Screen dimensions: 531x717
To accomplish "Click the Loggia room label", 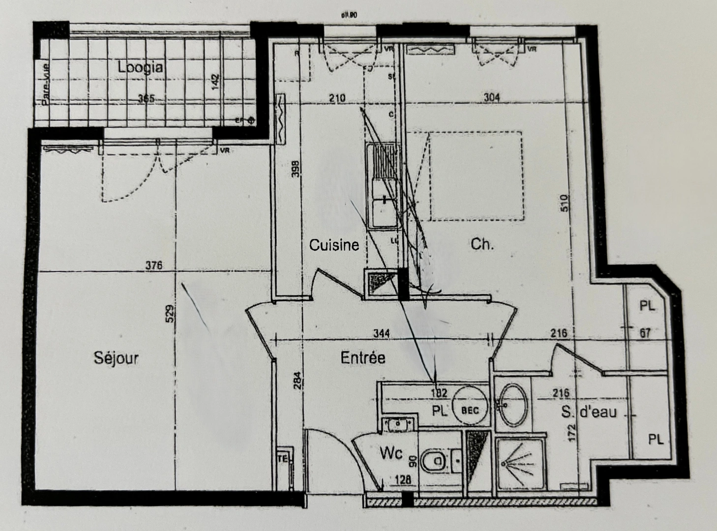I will pyautogui.click(x=140, y=67).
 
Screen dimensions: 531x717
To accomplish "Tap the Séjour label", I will pyautogui.click(x=116, y=357).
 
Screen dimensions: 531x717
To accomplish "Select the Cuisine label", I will pyautogui.click(x=334, y=245).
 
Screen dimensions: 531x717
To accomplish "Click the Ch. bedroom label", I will pyautogui.click(x=482, y=244).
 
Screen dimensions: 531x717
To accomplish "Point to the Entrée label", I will pyautogui.click(x=363, y=357).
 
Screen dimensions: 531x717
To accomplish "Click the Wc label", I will pyautogui.click(x=391, y=453).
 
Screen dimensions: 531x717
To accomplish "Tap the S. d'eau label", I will pyautogui.click(x=589, y=412).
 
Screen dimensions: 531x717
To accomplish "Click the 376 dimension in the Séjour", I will pyautogui.click(x=154, y=265).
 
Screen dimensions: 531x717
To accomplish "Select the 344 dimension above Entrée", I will pyautogui.click(x=381, y=334).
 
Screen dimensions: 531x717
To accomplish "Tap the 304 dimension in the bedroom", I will pyautogui.click(x=491, y=97).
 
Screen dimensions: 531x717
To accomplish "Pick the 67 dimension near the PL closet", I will pyautogui.click(x=645, y=333).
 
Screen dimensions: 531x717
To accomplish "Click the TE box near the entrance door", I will pyautogui.click(x=284, y=459).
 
